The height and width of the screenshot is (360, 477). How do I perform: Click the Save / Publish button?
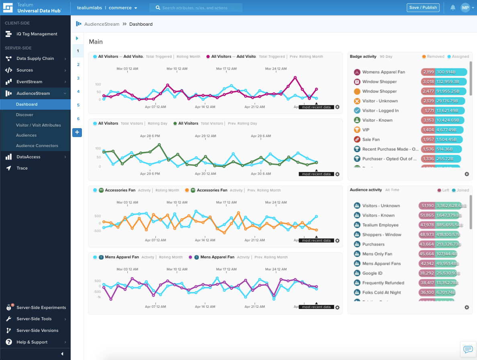point(423,8)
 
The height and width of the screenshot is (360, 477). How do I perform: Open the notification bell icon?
point(453,8)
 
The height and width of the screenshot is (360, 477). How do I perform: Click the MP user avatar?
point(465,8)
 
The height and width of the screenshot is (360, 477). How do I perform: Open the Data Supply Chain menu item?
point(35,59)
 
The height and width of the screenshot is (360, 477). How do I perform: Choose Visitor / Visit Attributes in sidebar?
point(39,125)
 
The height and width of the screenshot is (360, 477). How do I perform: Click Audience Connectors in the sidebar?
point(37,146)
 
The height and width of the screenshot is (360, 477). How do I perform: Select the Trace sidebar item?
point(22,168)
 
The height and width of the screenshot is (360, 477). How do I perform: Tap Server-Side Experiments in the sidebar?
point(41,308)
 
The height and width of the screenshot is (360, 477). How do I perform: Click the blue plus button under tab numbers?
point(77,132)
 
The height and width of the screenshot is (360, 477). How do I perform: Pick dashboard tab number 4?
point(78,92)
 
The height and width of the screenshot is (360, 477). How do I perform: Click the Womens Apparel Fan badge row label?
point(383,72)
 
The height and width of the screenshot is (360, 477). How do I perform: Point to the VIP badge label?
point(366,130)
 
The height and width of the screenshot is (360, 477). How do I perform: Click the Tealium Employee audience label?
point(380,225)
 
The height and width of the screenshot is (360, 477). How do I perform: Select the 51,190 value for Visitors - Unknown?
point(426,206)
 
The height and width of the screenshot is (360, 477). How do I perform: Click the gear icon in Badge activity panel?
point(467,174)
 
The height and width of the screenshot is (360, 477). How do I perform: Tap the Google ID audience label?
point(373,273)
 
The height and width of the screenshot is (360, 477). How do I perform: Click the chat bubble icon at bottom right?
point(468,349)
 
